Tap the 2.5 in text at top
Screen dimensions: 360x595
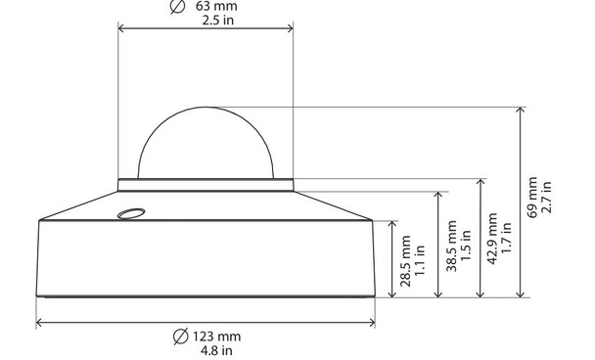[206, 20]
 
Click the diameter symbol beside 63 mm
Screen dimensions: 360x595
[177, 6]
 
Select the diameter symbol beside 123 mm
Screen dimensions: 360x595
[177, 336]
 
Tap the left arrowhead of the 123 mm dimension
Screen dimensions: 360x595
[40, 321]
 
